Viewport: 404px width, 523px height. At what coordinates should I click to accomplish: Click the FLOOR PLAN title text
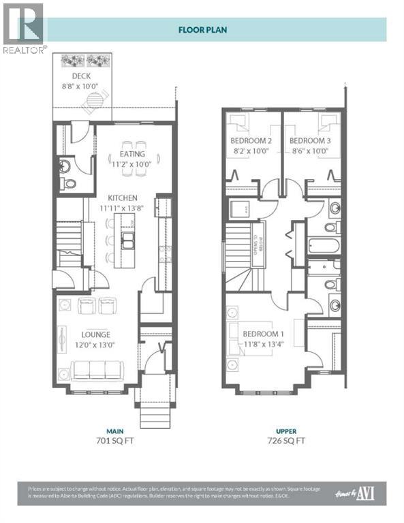coord(202,29)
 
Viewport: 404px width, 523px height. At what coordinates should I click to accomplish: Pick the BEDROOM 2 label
coord(250,141)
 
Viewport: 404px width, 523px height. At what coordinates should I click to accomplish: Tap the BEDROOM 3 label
coord(310,141)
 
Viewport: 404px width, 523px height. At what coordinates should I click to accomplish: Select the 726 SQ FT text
coord(285,441)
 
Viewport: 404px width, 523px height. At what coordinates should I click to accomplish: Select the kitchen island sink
coord(127,238)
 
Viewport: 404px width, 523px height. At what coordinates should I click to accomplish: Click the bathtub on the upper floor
coord(326,244)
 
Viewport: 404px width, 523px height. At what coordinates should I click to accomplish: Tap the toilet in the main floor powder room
coord(69,183)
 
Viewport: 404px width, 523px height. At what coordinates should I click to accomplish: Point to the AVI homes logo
coord(360,493)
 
